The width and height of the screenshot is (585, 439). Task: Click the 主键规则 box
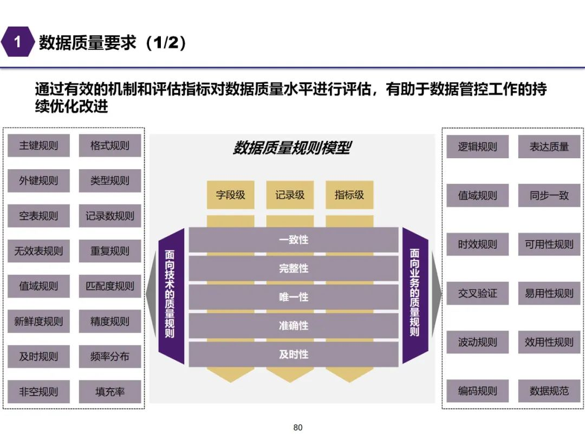[x=38, y=146]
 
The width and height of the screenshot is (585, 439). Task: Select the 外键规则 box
[x=38, y=181]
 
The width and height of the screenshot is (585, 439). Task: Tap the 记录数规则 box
[x=110, y=216]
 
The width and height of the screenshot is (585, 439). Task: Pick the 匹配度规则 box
[x=110, y=286]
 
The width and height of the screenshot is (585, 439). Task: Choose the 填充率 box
[x=110, y=392]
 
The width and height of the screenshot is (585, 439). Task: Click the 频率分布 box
[x=110, y=357]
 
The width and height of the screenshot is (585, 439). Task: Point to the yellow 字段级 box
[x=231, y=195]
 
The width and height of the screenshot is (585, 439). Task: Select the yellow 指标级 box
[x=349, y=195]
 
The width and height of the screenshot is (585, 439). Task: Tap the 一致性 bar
[x=294, y=240]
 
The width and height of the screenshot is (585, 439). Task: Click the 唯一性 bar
[x=294, y=297]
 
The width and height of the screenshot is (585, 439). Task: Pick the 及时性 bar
[x=294, y=354]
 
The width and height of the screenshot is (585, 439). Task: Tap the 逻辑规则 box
[x=477, y=147]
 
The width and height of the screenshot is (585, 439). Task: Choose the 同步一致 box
[x=549, y=196]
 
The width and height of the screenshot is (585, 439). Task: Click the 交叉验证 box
[x=477, y=293]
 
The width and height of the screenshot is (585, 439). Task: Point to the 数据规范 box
[x=549, y=391]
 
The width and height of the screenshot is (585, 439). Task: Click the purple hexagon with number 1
[x=17, y=42]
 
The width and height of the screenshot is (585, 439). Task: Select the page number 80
[x=297, y=428]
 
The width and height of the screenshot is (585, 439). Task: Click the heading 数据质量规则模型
[x=292, y=148]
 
